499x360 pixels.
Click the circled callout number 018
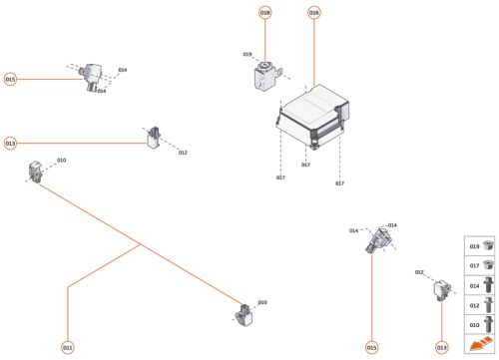pos(265,13)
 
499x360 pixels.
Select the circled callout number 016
pos(314,13)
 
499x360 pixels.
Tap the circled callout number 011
pos(68,348)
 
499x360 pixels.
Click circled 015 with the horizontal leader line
pos(10,79)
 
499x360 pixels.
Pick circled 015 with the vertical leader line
pos(371,348)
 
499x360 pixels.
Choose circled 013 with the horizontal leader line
pos(10,144)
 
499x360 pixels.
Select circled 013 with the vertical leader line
pos(442,348)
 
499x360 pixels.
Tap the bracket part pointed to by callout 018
pos(267,78)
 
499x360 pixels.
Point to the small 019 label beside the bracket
pos(247,55)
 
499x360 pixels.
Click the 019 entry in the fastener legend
pos(480,246)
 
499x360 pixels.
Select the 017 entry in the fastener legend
pos(480,266)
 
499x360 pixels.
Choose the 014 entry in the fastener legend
pos(480,286)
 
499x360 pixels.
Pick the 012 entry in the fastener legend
pos(480,305)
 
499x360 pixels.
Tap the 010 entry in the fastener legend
pos(480,325)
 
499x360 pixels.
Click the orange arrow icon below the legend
pos(480,345)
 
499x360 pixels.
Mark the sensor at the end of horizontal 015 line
pos(95,76)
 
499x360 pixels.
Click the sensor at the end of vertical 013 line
pos(439,288)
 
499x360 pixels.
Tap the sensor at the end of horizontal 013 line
pos(155,139)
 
